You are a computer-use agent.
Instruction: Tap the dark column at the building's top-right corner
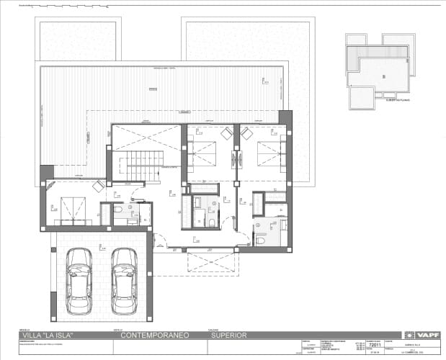point(285,119)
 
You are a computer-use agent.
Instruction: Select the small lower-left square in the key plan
point(362,99)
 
